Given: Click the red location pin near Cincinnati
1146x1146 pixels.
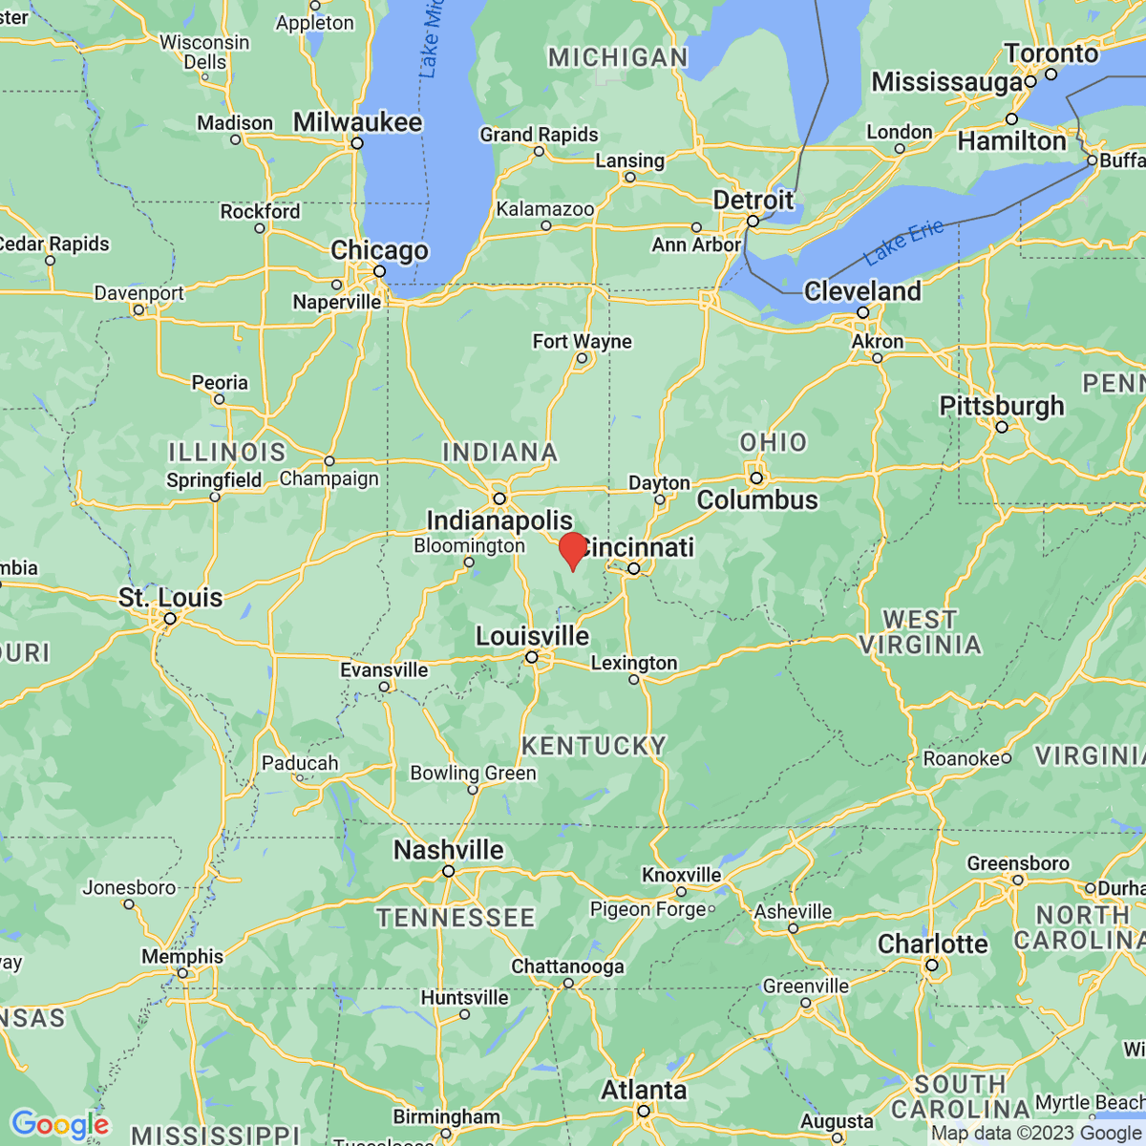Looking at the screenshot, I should pyautogui.click(x=572, y=551).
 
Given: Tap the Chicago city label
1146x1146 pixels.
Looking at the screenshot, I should pyautogui.click(x=379, y=250).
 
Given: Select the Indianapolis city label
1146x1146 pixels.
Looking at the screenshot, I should pyautogui.click(x=499, y=520).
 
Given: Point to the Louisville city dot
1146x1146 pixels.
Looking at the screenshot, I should pyautogui.click(x=532, y=657).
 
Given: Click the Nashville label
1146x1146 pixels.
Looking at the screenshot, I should pyautogui.click(x=448, y=850).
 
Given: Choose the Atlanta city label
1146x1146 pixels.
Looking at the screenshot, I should pyautogui.click(x=644, y=1090).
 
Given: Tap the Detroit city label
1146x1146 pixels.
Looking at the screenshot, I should pyautogui.click(x=753, y=201).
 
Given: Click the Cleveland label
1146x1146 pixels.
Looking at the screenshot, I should pyautogui.click(x=862, y=291).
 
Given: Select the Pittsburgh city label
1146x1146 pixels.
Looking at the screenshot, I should pyautogui.click(x=1001, y=406).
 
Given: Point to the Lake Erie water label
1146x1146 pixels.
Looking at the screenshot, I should pyautogui.click(x=903, y=242).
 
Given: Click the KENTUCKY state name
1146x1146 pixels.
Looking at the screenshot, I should pyautogui.click(x=593, y=746).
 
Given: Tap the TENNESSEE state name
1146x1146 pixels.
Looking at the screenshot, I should pyautogui.click(x=456, y=918).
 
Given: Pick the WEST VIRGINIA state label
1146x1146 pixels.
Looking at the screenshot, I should pyautogui.click(x=920, y=632).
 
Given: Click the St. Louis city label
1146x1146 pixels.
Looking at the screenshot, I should pyautogui.click(x=170, y=598).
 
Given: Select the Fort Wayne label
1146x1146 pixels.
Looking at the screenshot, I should pyautogui.click(x=582, y=341).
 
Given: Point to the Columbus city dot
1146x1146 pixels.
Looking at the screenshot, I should pyautogui.click(x=756, y=477).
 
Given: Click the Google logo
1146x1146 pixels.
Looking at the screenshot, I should pyautogui.click(x=59, y=1124).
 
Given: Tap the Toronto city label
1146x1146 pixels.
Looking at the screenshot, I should pyautogui.click(x=1050, y=53).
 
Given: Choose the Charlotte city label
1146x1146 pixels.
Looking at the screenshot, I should pyautogui.click(x=932, y=944).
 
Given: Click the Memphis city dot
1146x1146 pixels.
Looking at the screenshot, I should pyautogui.click(x=182, y=973).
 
